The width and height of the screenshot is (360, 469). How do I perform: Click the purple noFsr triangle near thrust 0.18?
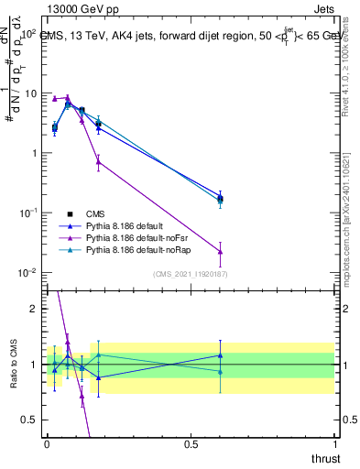tap(98, 161)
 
